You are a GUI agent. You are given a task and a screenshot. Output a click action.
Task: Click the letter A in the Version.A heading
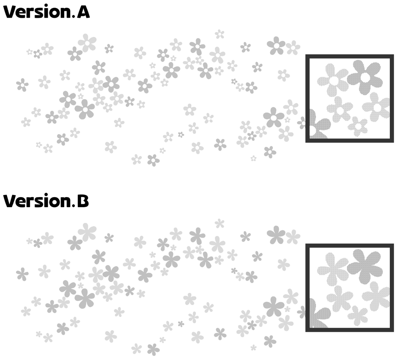click(x=83, y=12)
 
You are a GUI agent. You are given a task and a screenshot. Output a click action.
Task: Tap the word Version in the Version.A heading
click(x=37, y=12)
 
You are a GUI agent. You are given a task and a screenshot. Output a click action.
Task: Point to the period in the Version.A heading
click(x=73, y=17)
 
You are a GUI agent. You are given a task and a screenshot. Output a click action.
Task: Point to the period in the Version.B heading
click(x=73, y=206)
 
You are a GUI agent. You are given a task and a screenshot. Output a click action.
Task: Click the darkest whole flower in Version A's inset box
click(x=364, y=77)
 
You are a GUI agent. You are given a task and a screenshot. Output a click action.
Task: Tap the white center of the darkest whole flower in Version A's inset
click(x=365, y=77)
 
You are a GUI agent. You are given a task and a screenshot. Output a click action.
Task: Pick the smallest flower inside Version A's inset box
click(x=358, y=126)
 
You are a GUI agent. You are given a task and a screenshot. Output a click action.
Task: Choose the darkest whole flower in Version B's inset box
click(x=364, y=266)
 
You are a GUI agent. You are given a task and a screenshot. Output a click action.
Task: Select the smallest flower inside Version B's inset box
click(x=358, y=315)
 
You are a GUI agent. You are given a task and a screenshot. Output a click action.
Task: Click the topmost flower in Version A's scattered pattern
click(x=220, y=34)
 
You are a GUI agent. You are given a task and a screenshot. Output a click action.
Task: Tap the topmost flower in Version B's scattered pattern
click(x=220, y=223)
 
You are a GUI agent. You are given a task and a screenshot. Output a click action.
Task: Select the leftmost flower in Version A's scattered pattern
click(x=22, y=85)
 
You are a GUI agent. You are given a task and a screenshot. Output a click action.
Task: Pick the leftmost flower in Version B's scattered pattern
click(x=22, y=274)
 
